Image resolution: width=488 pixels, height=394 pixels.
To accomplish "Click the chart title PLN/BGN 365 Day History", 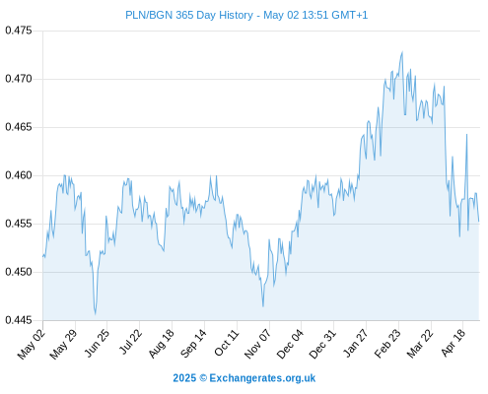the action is (189, 15).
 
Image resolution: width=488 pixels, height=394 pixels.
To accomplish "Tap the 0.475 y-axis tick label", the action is (19, 31).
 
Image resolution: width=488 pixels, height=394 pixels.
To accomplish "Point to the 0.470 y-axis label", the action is (19, 79).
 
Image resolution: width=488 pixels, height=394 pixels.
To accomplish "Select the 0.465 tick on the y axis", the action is (19, 127).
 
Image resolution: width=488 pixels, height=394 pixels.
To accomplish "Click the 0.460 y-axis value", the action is (19, 175).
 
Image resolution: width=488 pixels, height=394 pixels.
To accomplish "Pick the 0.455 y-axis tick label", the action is (19, 224).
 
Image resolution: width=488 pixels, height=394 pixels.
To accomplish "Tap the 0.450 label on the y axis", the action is (19, 272).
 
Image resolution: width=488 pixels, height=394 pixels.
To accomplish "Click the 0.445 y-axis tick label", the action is (19, 320).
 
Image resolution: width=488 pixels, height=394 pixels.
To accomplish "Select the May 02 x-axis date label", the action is (31, 344).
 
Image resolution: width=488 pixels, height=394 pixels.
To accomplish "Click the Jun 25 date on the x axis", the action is (96, 343).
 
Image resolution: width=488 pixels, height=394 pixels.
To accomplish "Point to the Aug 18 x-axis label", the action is (161, 343).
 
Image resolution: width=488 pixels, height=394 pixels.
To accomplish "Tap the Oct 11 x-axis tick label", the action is (226, 343).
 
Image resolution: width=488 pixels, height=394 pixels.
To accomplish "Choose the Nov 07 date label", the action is (257, 344).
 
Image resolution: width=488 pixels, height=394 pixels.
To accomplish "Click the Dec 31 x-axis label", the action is (322, 344).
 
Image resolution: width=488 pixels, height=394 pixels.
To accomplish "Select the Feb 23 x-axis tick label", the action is (387, 343).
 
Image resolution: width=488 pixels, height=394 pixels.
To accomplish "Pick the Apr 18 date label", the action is (453, 343).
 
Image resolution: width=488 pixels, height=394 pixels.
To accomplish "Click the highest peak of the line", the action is (402, 52).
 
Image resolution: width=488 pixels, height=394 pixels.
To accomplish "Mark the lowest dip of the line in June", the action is (96, 314).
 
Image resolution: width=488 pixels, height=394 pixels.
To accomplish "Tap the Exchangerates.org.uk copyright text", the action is (244, 378).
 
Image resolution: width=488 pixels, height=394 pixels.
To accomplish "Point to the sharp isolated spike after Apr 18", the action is (466, 134).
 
